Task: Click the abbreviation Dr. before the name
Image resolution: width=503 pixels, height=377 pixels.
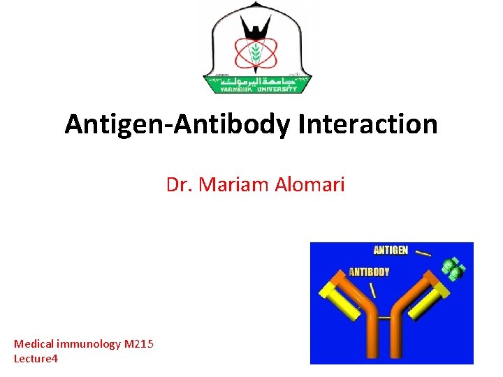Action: point(180,185)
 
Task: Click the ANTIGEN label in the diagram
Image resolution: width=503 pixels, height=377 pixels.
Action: point(391,250)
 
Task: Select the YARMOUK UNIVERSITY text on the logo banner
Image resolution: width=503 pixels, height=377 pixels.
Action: point(257,88)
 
